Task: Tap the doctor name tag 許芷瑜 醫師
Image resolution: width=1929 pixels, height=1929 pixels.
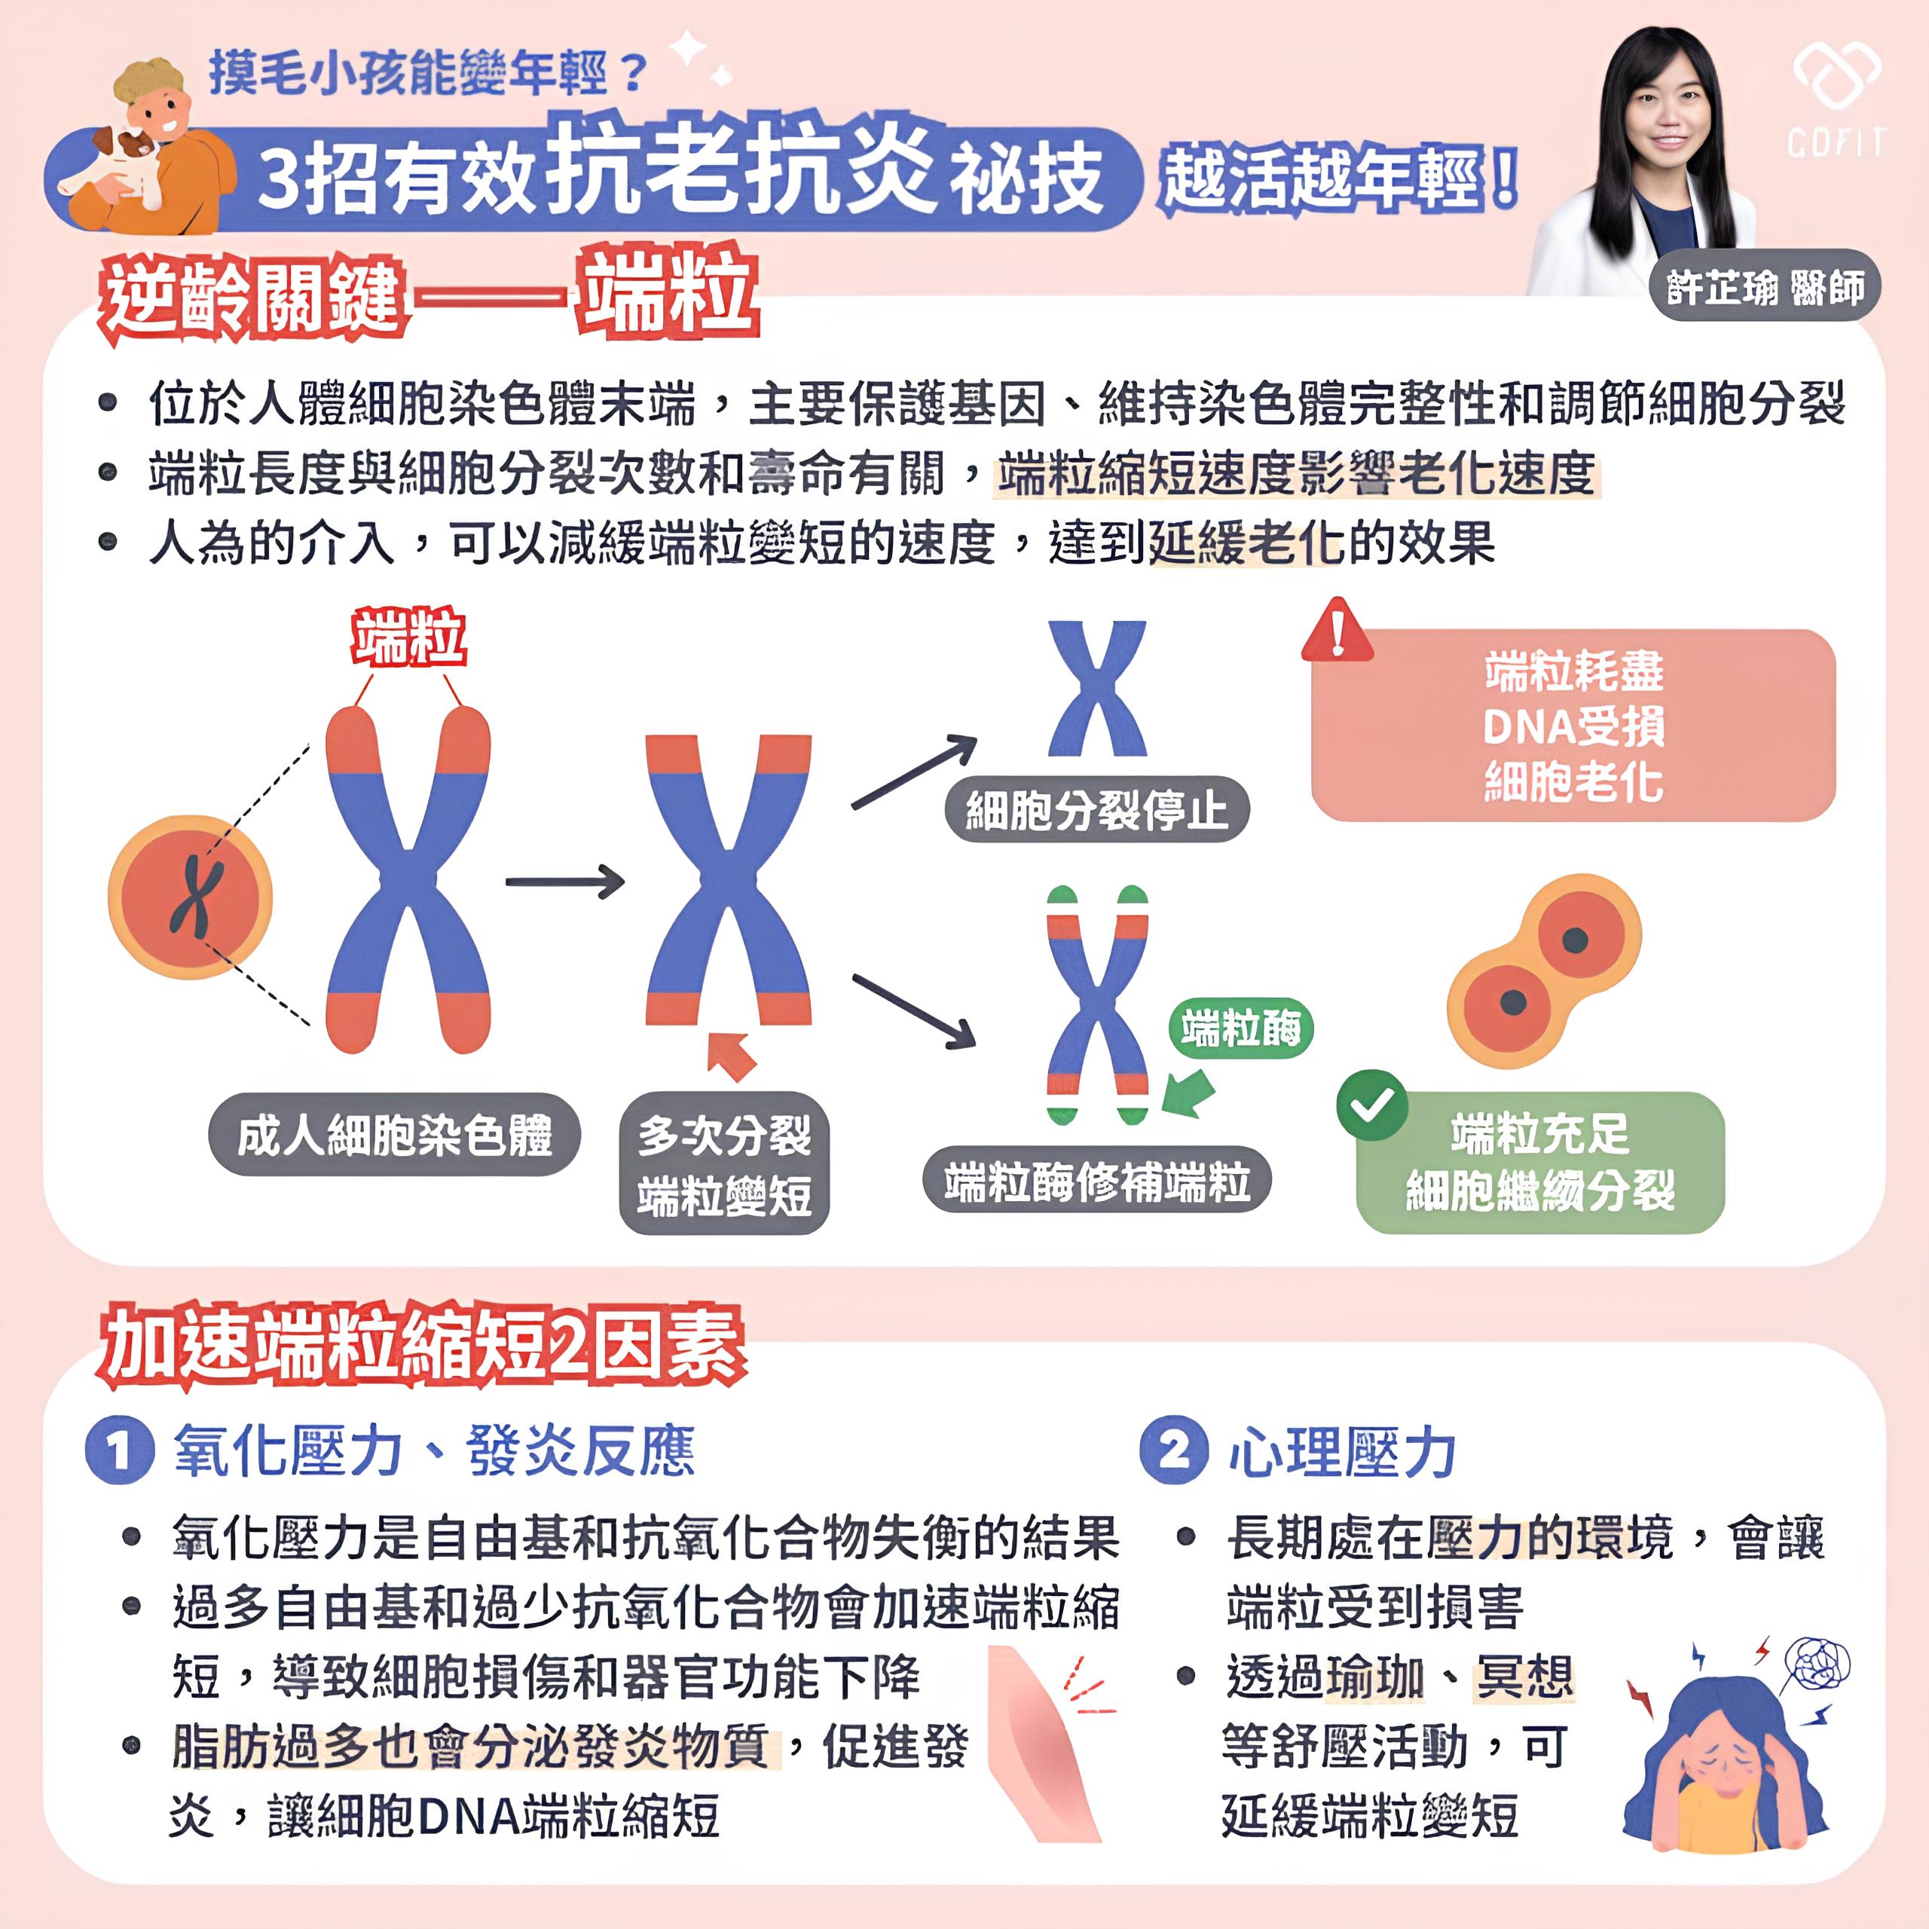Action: [x=1764, y=286]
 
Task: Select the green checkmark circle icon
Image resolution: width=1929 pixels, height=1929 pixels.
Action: [x=1372, y=1105]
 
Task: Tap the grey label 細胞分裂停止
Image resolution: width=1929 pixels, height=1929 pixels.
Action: [x=1097, y=809]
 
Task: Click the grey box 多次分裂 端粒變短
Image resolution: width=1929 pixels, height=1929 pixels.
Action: [x=724, y=1164]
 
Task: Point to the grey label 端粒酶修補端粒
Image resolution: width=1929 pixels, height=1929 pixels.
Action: [x=1096, y=1182]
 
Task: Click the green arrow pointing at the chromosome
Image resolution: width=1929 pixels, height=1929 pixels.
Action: [x=1188, y=1094]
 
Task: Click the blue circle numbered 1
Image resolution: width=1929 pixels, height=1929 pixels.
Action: [x=120, y=1451]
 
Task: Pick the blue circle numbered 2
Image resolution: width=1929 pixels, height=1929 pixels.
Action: [x=1174, y=1450]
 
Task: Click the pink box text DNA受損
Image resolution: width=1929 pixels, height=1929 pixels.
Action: [x=1573, y=726]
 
